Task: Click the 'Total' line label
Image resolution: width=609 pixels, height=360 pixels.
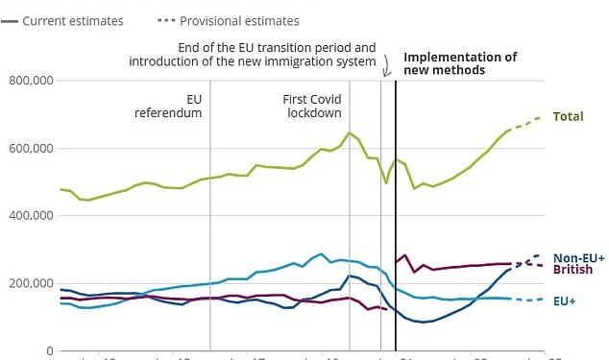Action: click(x=568, y=116)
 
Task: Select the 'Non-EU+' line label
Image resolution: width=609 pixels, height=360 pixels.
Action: click(x=579, y=258)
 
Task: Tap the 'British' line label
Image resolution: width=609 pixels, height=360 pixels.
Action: click(x=572, y=270)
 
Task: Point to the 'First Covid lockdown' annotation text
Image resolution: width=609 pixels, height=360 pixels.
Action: click(x=312, y=106)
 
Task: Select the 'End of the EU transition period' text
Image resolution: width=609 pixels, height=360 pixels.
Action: click(x=278, y=47)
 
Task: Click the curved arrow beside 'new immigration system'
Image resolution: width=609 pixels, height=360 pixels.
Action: click(x=386, y=65)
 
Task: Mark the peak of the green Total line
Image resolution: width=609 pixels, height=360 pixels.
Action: click(x=349, y=132)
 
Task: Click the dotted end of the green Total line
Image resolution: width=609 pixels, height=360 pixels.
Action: click(x=526, y=123)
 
